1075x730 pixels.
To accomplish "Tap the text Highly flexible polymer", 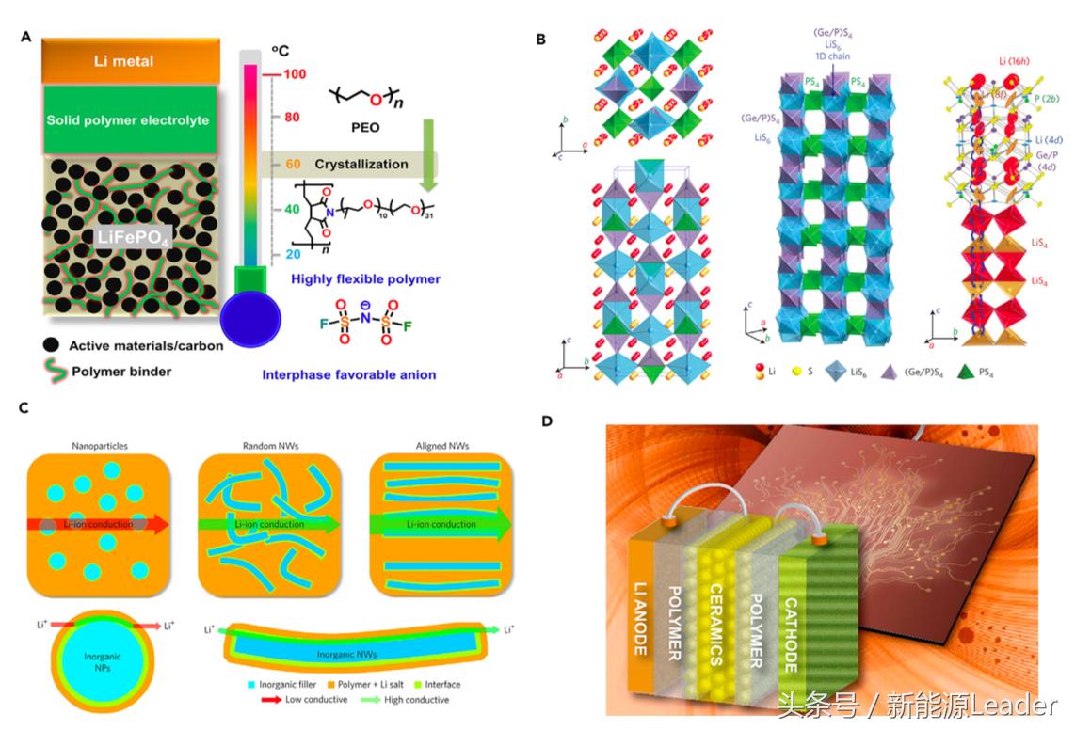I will point(352,279).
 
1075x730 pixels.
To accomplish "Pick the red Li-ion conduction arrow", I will point(98,524).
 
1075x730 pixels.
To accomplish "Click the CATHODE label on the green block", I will point(792,621).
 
